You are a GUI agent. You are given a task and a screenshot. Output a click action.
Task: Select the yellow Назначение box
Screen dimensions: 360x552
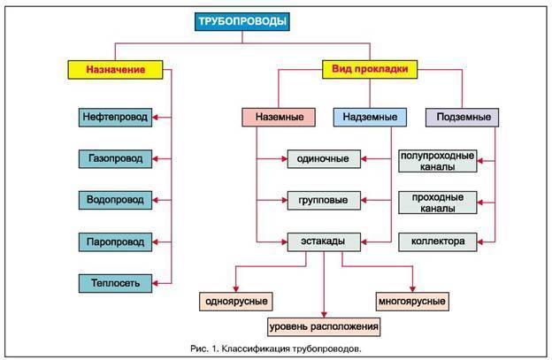[116, 68]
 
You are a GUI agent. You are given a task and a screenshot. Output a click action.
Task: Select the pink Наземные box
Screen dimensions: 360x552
[279, 116]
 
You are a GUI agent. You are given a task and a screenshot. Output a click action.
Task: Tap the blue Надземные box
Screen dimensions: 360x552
[370, 116]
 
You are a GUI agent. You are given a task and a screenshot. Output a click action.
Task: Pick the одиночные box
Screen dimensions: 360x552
[323, 159]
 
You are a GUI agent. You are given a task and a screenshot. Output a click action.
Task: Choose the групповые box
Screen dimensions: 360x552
[323, 200]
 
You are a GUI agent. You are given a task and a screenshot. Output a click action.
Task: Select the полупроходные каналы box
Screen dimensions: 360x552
[438, 161]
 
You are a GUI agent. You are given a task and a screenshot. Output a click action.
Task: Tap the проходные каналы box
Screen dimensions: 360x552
[438, 203]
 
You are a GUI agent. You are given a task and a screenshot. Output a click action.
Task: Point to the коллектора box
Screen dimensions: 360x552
[438, 241]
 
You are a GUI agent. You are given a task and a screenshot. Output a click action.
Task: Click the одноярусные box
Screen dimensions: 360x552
[236, 301]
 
